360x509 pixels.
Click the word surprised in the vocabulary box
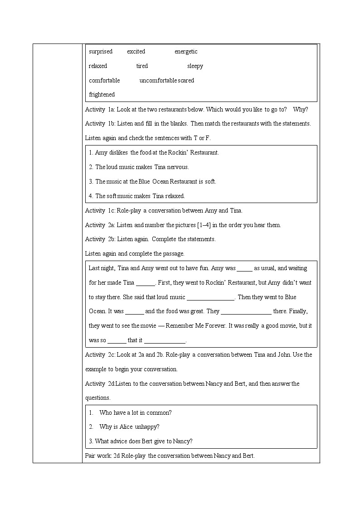click(x=101, y=52)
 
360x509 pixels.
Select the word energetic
click(x=186, y=52)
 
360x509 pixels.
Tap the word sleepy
click(x=195, y=66)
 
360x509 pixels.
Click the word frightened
click(x=102, y=95)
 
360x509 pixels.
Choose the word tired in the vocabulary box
click(x=142, y=66)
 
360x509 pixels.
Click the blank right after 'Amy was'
click(x=244, y=268)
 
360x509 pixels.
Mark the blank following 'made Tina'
click(x=145, y=283)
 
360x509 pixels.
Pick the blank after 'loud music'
click(x=210, y=297)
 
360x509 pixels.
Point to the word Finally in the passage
click(x=297, y=311)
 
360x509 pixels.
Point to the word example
click(x=97, y=369)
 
